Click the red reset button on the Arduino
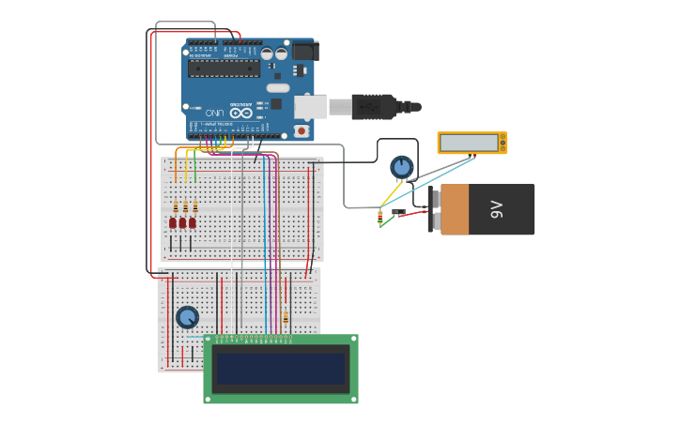(301, 130)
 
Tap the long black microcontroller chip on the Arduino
(224, 68)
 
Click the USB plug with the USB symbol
(374, 106)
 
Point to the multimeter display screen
(470, 143)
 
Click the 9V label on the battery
(497, 209)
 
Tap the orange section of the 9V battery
(455, 209)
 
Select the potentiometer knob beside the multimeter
(402, 167)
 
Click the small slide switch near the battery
(398, 212)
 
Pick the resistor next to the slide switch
(379, 217)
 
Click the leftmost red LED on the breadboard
(173, 222)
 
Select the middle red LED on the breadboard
(182, 222)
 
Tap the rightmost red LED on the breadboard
(193, 222)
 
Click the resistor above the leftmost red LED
(174, 206)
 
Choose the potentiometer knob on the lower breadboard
(187, 317)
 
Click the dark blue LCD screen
(280, 369)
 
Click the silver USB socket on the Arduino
(310, 107)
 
